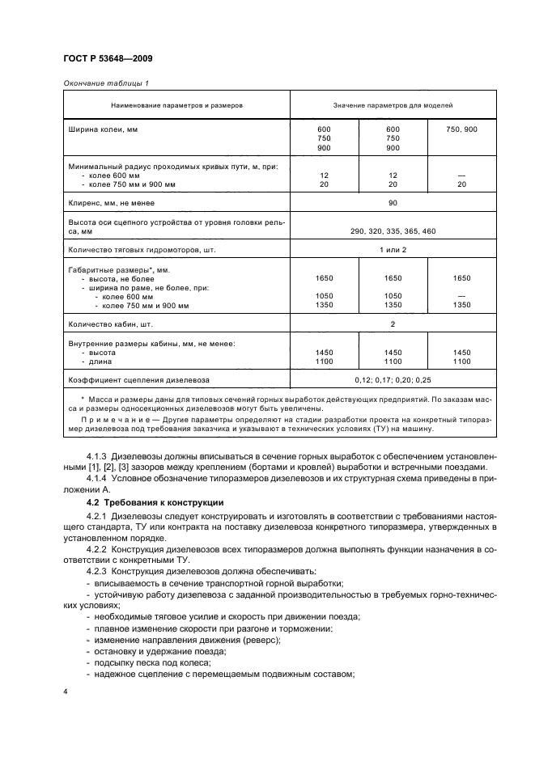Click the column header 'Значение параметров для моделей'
coord(393,105)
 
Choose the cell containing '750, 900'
coord(461,129)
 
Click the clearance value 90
coord(393,203)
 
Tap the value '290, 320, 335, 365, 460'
coord(393,231)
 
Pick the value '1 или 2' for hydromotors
coord(393,250)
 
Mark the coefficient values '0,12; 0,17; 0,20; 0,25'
coord(393,378)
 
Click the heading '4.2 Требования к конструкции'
coord(154,503)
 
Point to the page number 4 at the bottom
coord(66,692)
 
